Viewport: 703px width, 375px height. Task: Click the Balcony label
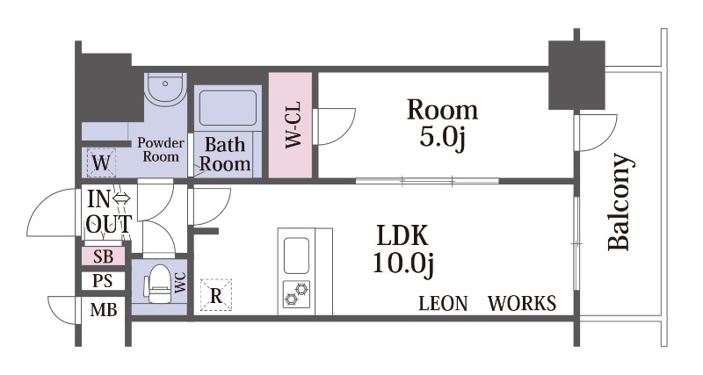point(621,202)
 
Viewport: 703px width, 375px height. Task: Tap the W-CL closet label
point(294,126)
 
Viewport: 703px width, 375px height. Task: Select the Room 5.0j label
point(442,123)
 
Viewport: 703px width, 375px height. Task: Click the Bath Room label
point(225,154)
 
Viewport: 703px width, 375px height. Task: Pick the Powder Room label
point(161,149)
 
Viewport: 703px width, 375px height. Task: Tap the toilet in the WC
point(157,285)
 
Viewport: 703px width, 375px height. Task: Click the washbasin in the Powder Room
point(166,89)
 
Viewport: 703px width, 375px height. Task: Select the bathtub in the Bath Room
point(228,108)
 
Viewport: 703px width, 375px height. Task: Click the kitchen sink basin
point(296,256)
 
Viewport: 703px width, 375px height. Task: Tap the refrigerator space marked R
point(216,295)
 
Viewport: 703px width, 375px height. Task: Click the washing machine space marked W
point(100,162)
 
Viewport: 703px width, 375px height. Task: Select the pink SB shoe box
point(104,256)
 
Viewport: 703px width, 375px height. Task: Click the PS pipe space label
point(103,281)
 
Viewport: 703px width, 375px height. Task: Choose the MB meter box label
point(104,310)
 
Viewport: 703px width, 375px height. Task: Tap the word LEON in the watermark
point(443,303)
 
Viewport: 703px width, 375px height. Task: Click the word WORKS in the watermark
point(522,303)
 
